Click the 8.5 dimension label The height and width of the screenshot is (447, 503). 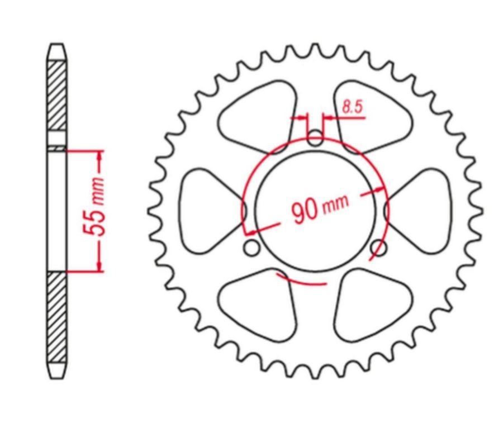pyautogui.click(x=352, y=107)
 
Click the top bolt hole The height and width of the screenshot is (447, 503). pyautogui.click(x=315, y=138)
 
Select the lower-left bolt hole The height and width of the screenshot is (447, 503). pyautogui.click(x=252, y=248)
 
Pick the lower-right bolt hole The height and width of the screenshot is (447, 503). pyautogui.click(x=379, y=248)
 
